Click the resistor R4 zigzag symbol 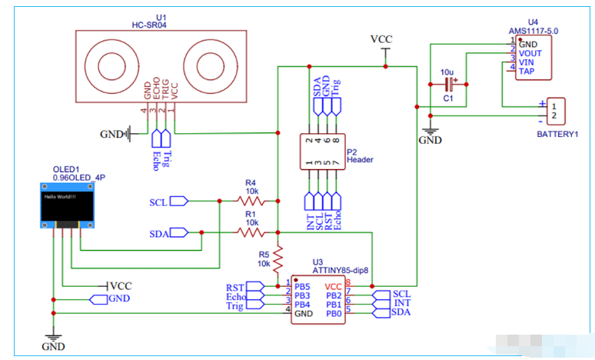coord(251,202)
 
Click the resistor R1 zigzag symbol coord(251,231)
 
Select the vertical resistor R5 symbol coord(278,255)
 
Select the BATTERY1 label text coord(557,134)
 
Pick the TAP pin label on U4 coord(528,72)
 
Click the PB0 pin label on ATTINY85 coord(334,313)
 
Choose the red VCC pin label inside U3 coord(334,285)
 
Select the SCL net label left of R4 coord(158,202)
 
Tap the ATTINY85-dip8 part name coord(341,271)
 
